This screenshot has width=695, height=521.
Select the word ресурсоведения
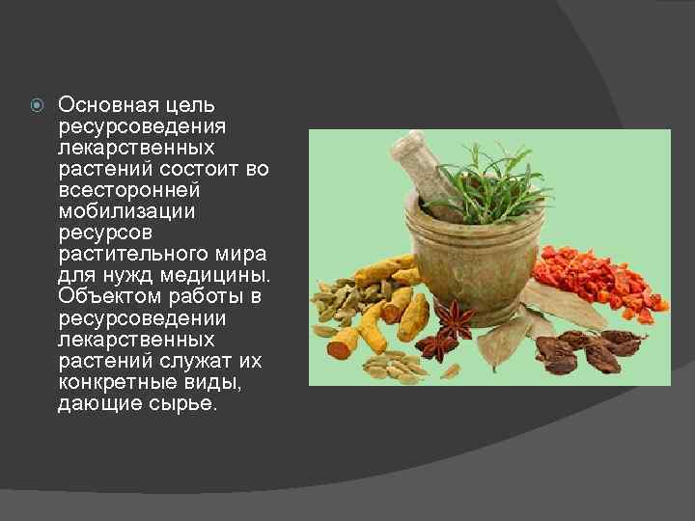[143, 126]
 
